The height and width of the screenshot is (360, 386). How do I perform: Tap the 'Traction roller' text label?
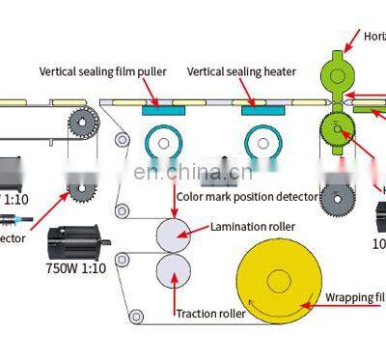(x=209, y=313)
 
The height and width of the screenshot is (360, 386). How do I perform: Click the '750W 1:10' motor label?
(x=76, y=267)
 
